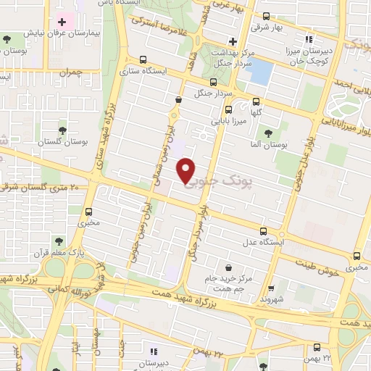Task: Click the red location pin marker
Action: tap(186, 170)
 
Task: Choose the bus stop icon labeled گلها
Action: tap(256, 101)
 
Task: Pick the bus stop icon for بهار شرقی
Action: tap(266, 16)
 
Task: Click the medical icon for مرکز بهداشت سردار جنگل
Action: tap(232, 41)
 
